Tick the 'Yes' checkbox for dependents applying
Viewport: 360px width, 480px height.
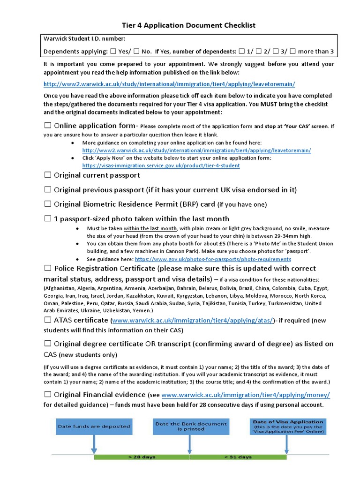coord(112,52)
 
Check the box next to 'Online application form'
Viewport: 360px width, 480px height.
coord(47,126)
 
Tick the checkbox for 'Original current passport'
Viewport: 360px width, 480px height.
coord(47,175)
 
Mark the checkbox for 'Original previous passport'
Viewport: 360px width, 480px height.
coord(47,190)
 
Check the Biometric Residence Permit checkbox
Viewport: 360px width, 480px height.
coord(47,204)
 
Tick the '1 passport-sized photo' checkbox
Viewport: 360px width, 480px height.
coord(47,219)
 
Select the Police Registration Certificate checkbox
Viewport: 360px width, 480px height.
coord(47,269)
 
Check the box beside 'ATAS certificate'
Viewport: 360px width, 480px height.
coord(47,320)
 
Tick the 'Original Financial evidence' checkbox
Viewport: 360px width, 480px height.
coord(47,395)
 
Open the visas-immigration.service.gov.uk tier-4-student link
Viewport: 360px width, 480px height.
coord(161,165)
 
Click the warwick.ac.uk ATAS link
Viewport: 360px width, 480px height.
coord(192,321)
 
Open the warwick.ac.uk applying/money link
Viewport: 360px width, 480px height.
coord(245,395)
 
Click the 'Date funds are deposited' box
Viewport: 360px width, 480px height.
coord(93,427)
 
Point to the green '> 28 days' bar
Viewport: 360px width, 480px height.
coord(142,457)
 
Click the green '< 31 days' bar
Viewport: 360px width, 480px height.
coord(238,457)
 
